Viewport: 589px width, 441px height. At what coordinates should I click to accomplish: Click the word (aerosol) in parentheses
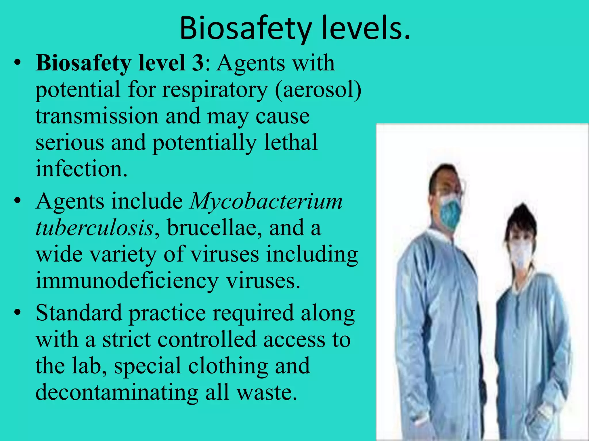[318, 90]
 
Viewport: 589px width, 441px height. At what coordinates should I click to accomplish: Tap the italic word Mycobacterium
[266, 201]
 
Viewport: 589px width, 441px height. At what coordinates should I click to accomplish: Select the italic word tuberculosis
[95, 228]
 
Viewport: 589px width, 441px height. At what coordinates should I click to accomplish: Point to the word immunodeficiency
[127, 281]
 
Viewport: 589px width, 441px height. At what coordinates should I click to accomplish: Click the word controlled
[206, 339]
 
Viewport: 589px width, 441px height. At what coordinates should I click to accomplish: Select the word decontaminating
[117, 392]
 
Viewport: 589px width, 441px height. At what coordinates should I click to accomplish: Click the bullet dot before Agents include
[18, 201]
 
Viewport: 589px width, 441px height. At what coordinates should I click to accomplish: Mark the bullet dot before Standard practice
[18, 313]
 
